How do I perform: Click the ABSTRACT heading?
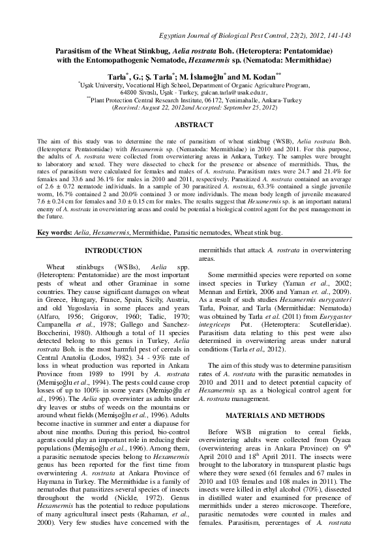(194, 124)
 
